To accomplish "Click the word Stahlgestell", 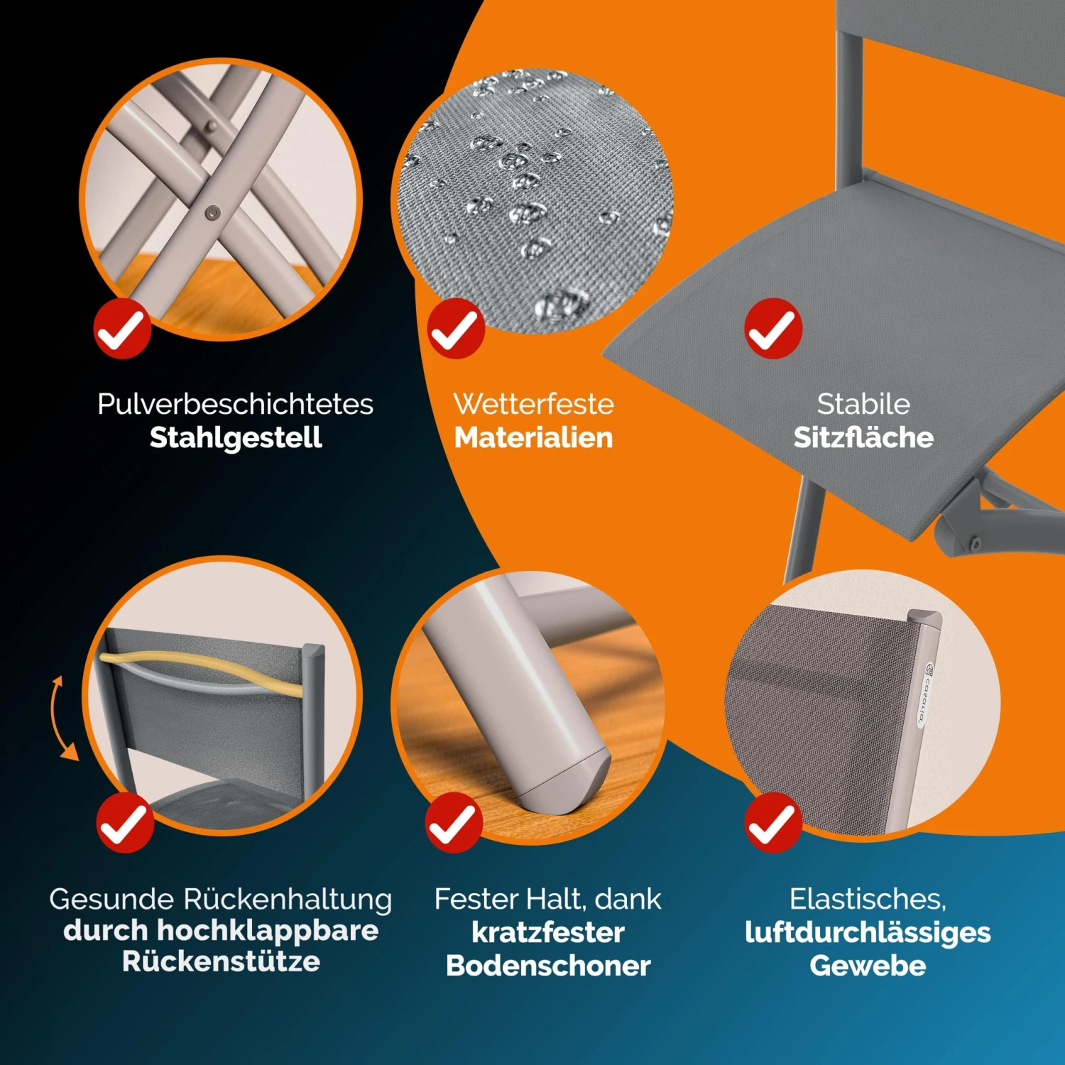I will point(236,437).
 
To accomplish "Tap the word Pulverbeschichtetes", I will point(235,404).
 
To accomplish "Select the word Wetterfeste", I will point(533,404).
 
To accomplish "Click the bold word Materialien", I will point(533,437).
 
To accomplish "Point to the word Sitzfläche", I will point(863,437).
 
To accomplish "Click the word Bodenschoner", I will point(548,966).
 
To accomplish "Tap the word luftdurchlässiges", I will point(868,932).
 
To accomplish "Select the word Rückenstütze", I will point(221,961).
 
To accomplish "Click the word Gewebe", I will point(868,966).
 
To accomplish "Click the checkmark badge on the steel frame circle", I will point(122,328).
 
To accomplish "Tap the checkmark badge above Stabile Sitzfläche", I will point(773,328).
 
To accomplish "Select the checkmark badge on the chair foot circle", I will point(454,823).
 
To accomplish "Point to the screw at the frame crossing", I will point(212,212).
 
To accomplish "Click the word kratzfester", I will point(548,932).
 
